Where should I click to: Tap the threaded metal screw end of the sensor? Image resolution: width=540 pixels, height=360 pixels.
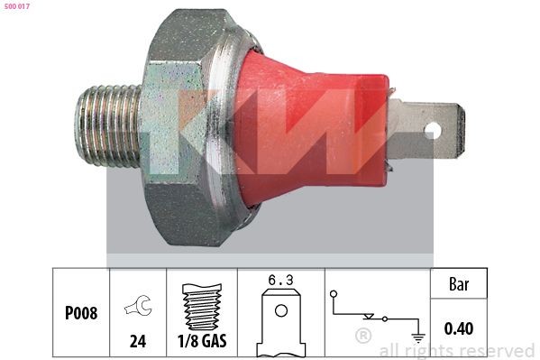click(x=106, y=128)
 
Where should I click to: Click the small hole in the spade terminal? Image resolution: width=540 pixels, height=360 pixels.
click(x=434, y=131)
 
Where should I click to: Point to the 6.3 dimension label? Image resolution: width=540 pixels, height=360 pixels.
click(x=280, y=281)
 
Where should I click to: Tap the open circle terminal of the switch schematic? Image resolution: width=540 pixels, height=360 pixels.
click(x=334, y=293)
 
